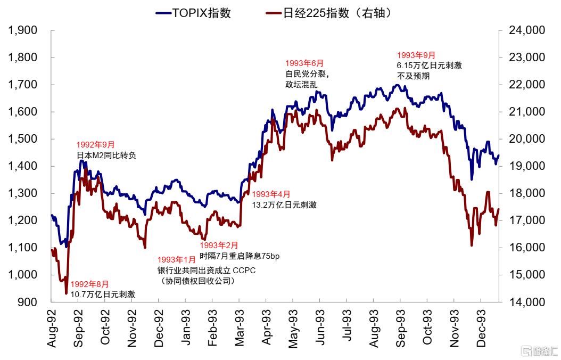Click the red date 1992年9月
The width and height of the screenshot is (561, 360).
pos(95,145)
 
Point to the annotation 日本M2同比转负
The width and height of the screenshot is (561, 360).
pos(106,156)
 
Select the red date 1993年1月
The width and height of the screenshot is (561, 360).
pos(176,259)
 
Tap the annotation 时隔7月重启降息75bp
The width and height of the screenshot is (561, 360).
pos(240,256)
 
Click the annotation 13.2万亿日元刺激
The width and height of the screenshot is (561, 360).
pos(284,204)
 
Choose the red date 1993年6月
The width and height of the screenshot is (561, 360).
pos(304,63)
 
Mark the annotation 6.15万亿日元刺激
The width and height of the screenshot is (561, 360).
pos(429,65)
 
